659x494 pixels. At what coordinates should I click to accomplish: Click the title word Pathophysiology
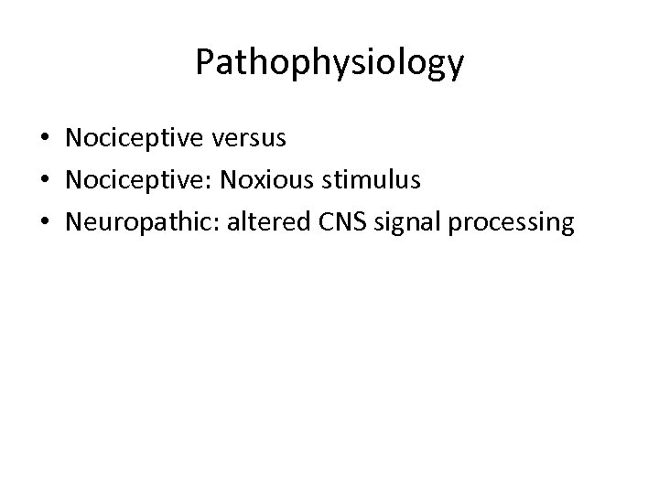[x=329, y=62]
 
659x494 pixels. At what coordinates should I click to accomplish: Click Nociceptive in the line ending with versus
[x=137, y=138]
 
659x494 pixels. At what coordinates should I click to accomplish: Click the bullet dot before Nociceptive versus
[x=44, y=140]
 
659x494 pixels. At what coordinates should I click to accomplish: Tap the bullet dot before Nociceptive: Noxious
[x=44, y=181]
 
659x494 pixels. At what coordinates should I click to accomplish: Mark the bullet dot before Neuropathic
[x=44, y=223]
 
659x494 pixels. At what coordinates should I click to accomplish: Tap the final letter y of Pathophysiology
[x=456, y=66]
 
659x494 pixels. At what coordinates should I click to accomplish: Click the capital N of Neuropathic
[x=75, y=222]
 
